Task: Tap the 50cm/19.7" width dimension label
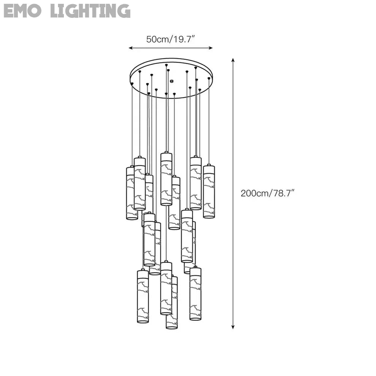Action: click(x=171, y=39)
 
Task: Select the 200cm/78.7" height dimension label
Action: click(x=268, y=193)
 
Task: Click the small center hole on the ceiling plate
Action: click(x=171, y=81)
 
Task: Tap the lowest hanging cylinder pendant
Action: click(x=172, y=302)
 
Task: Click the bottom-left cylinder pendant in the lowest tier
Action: click(x=143, y=297)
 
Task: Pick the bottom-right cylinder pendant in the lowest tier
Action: click(x=195, y=294)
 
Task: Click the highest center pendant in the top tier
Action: click(x=166, y=179)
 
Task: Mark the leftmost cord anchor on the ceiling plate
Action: click(x=132, y=84)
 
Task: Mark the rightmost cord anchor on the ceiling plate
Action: click(x=209, y=78)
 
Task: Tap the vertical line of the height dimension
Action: click(x=233, y=152)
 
